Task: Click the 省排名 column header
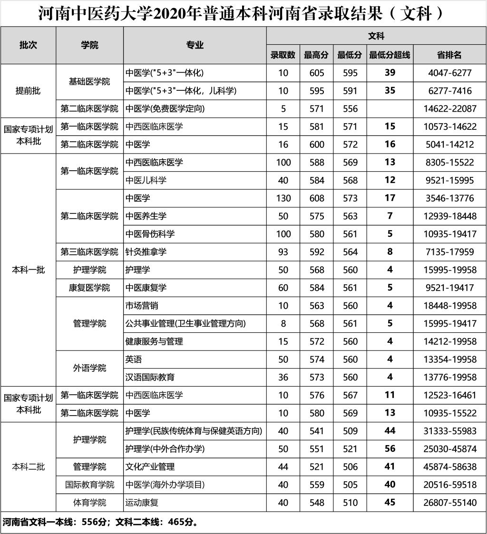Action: point(449,55)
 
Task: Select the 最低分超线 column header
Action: point(390,55)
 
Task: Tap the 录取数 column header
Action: point(283,55)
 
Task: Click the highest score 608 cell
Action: point(317,198)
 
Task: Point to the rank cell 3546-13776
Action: point(449,198)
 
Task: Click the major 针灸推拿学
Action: point(146,252)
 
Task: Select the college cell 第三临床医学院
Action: point(89,252)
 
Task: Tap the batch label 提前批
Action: point(28,91)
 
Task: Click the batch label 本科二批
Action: point(28,467)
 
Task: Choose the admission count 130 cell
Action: point(283,198)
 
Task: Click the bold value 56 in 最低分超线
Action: point(390,449)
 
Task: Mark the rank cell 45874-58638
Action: point(449,467)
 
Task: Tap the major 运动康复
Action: point(142,503)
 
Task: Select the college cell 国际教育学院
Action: point(89,485)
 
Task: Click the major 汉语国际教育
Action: point(150,378)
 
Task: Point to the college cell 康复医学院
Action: point(89,288)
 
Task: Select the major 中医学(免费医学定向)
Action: point(165,108)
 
